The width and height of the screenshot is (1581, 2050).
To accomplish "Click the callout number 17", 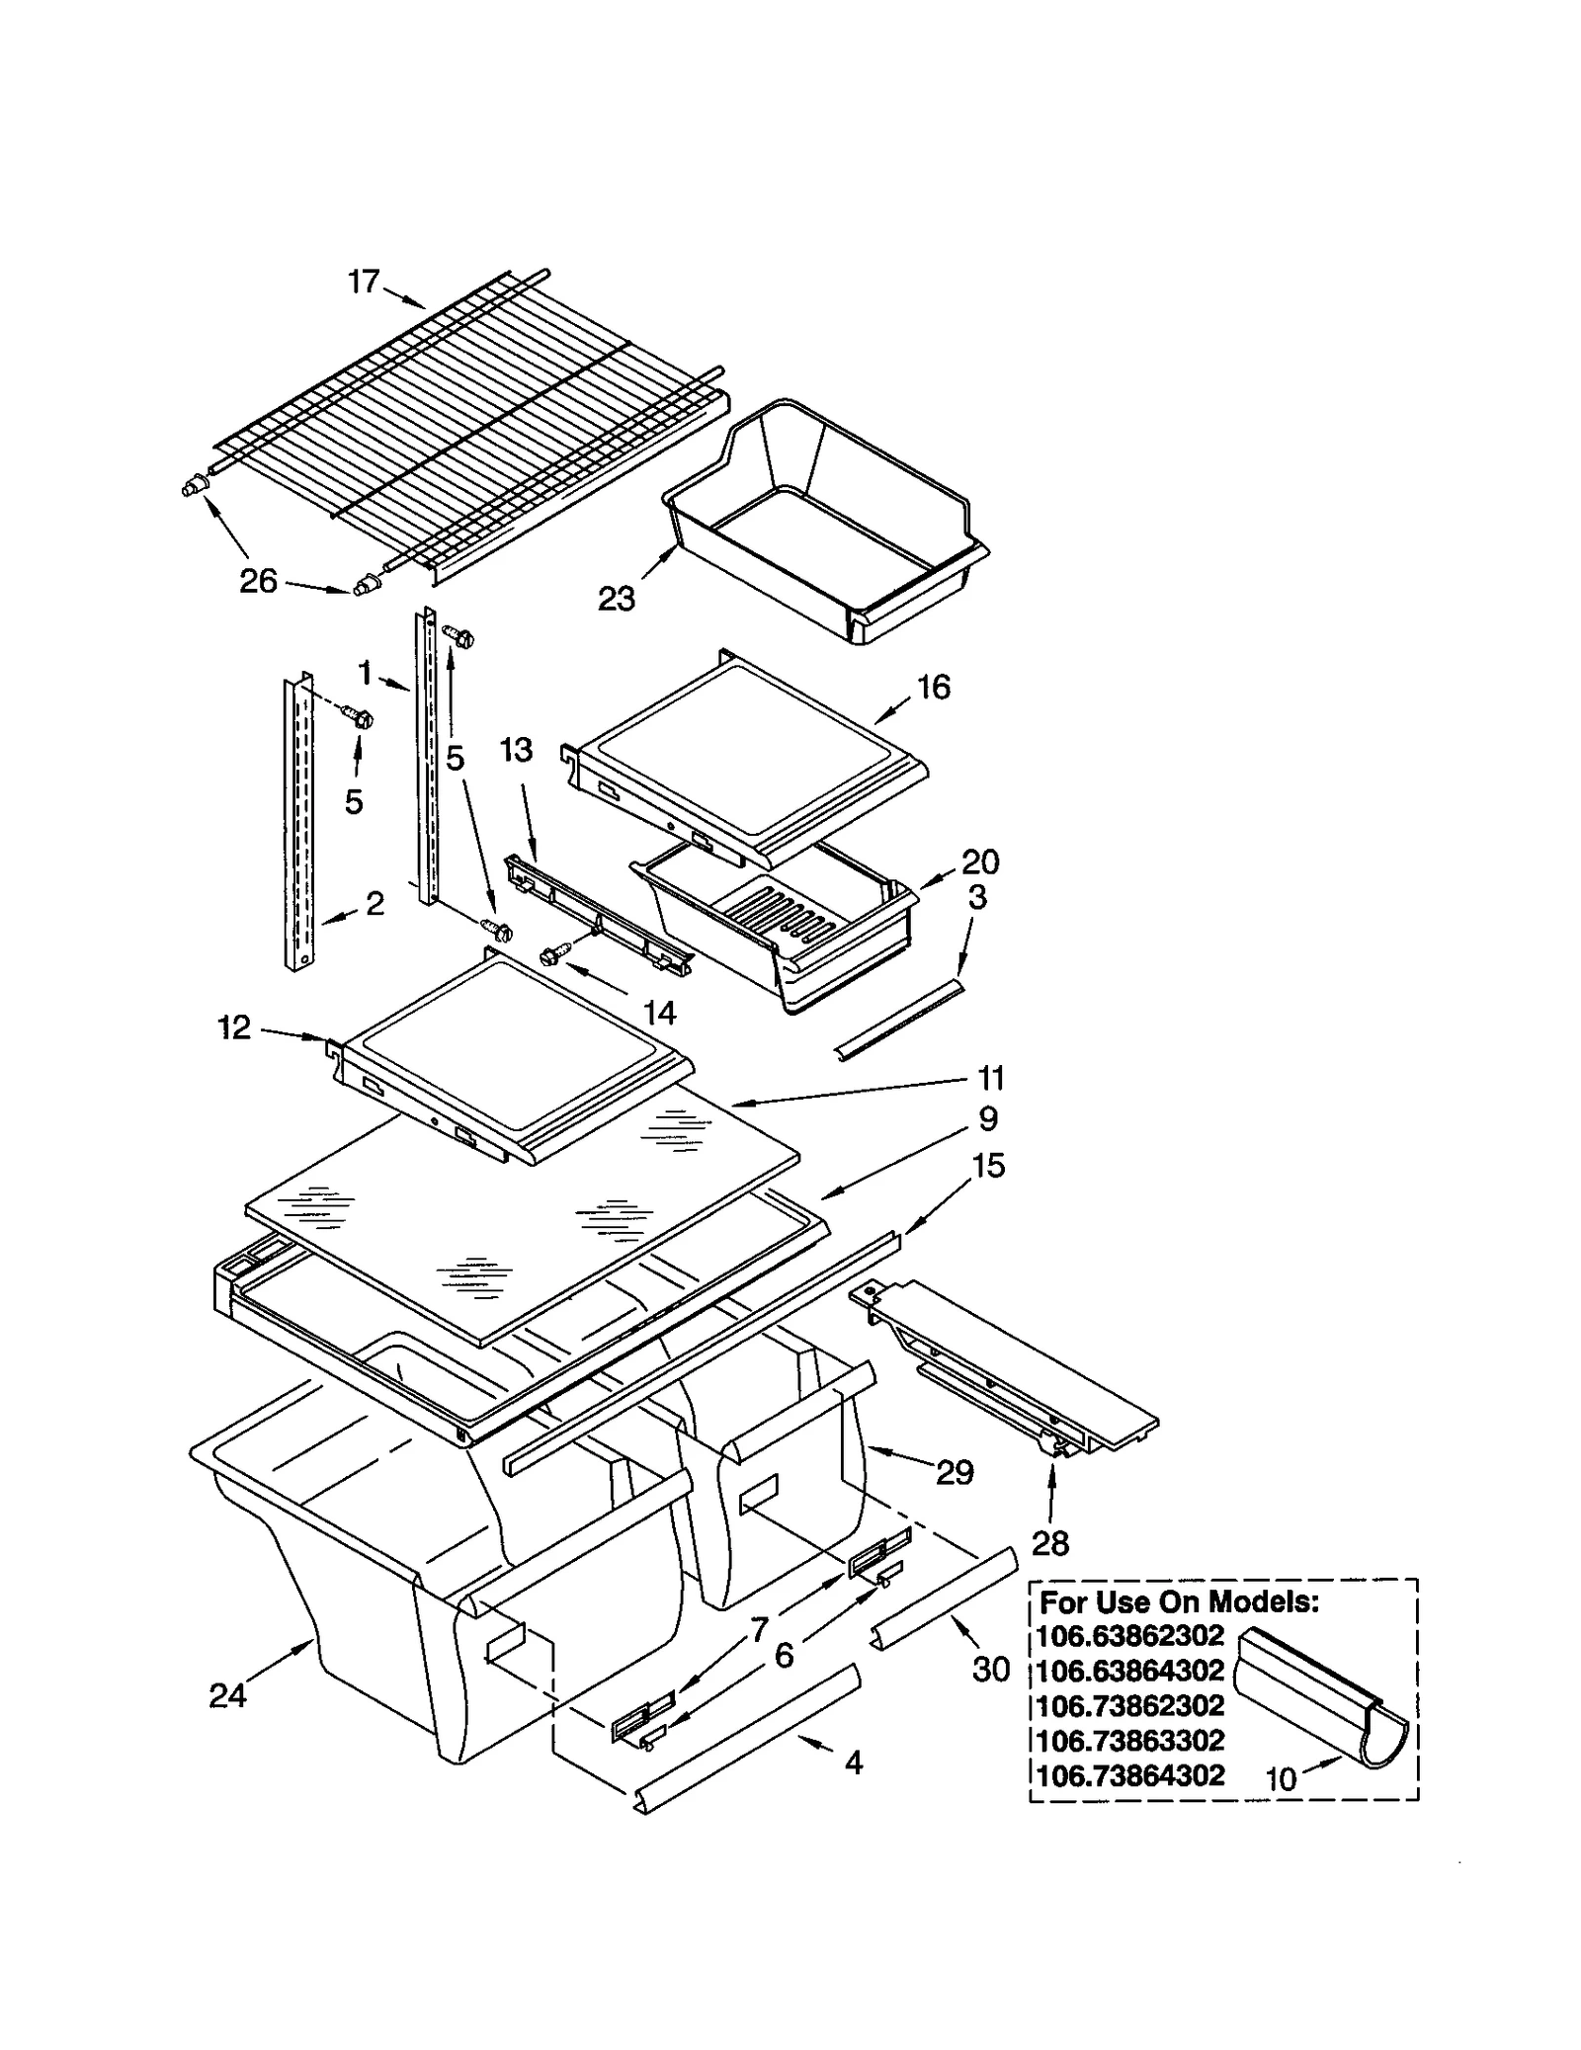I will [363, 282].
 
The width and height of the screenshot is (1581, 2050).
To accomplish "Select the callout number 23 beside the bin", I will [617, 598].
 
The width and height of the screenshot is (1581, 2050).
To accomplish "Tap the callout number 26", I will [258, 581].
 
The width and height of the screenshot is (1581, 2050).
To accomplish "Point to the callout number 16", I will [934, 687].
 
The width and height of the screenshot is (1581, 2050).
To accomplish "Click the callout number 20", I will [979, 861].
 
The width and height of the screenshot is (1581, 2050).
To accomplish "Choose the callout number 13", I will [516, 750].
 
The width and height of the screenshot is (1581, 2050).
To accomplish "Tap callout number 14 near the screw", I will [659, 1012].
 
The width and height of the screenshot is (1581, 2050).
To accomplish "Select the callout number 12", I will [234, 1027].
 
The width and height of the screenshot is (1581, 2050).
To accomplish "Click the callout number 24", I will [227, 1695].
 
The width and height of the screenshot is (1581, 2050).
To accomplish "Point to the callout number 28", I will [1049, 1542].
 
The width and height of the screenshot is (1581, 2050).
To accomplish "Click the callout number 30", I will [991, 1669].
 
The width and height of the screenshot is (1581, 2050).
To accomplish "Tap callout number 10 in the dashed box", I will [1281, 1778].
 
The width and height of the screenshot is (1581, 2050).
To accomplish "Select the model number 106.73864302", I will [1131, 1775].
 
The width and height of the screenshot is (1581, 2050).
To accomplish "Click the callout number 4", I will [854, 1762].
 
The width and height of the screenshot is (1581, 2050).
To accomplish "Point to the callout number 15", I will [988, 1166].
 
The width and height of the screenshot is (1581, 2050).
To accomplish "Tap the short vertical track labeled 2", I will [299, 820].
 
